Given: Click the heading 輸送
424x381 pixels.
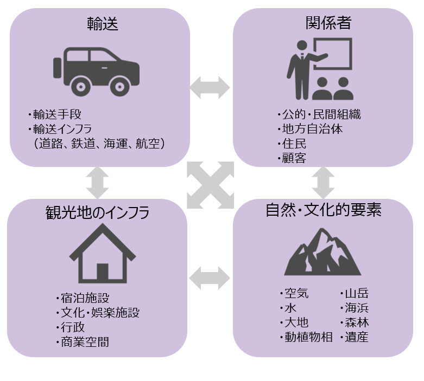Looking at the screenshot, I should pyautogui.click(x=103, y=23).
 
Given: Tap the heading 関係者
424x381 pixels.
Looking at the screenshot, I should pyautogui.click(x=327, y=23).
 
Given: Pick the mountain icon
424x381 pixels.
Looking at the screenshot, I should pyautogui.click(x=323, y=252).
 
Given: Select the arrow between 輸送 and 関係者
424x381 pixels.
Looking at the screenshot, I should pyautogui.click(x=210, y=87).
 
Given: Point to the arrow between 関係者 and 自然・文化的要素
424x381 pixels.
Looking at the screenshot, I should pyautogui.click(x=323, y=182).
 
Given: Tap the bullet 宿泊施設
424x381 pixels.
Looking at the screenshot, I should pyautogui.click(x=85, y=298).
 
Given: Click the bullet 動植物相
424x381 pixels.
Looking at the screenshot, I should pyautogui.click(x=308, y=337).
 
